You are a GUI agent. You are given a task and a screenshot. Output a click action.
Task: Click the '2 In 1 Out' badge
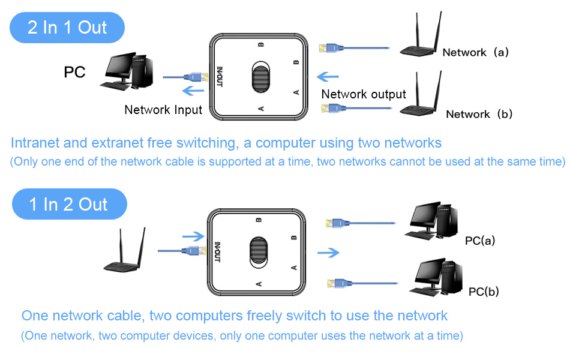(67, 28)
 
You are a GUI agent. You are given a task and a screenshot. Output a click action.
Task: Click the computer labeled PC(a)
(431, 222)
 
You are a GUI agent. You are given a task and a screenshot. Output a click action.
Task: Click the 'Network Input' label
(163, 110)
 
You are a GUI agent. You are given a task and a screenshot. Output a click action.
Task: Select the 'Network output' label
(364, 94)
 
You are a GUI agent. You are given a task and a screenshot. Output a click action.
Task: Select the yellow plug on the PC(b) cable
(334, 283)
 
